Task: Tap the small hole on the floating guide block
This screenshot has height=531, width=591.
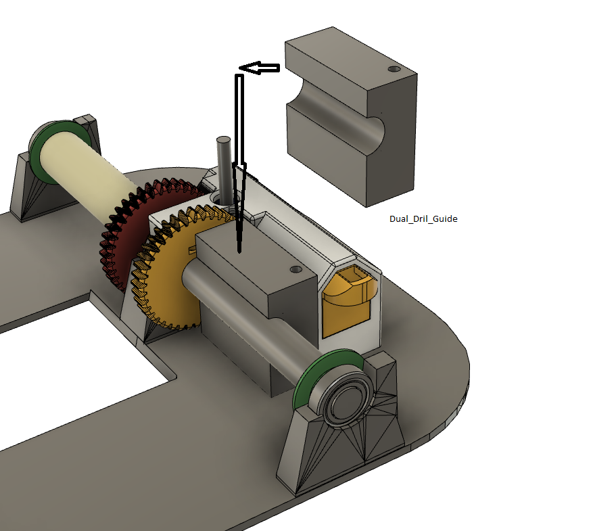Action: coord(395,69)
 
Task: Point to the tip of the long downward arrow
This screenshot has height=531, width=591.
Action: coord(239,250)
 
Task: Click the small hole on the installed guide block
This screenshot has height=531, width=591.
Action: coord(295,269)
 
